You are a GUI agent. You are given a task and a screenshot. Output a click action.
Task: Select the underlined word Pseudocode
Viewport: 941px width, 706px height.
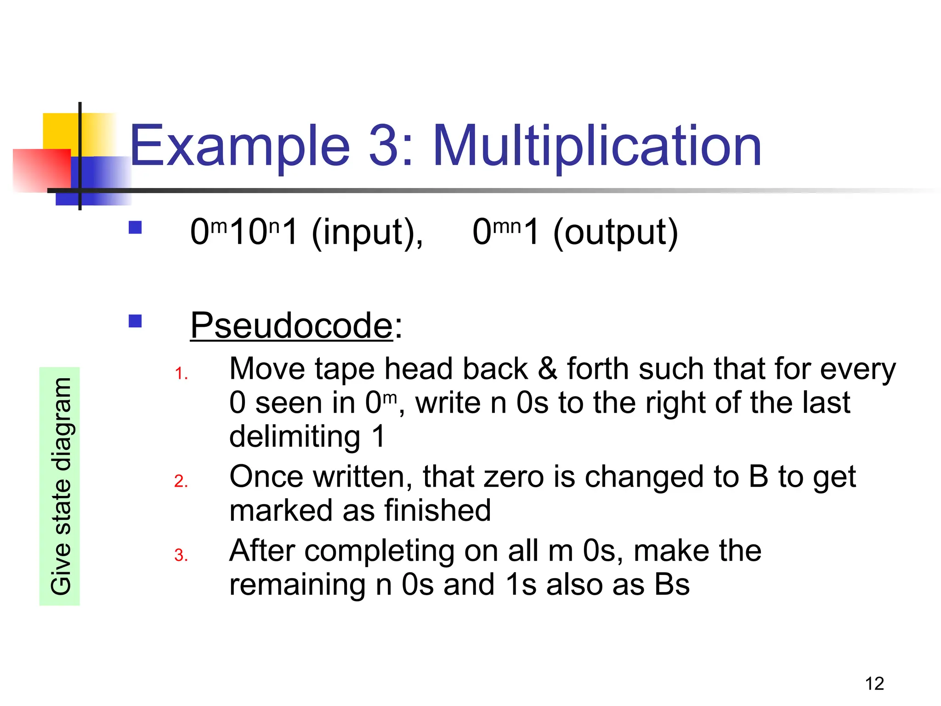(292, 325)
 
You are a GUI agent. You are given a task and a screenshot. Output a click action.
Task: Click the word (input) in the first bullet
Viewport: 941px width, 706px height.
(367, 233)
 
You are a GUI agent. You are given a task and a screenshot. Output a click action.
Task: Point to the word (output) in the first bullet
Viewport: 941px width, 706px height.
(616, 233)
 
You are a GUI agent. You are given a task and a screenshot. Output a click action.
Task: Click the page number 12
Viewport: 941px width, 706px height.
(874, 684)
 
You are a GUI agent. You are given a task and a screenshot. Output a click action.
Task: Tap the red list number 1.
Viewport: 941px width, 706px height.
(181, 374)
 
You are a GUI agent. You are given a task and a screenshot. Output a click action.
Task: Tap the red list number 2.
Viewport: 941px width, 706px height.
(181, 481)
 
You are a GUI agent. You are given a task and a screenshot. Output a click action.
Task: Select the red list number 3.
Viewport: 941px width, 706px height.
(181, 556)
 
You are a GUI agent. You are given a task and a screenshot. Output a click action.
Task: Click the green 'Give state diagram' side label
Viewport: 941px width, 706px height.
(60, 486)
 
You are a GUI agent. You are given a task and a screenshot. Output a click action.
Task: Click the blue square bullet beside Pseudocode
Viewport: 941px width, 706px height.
(135, 320)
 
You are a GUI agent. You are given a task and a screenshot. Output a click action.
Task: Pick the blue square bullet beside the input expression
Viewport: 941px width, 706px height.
(135, 228)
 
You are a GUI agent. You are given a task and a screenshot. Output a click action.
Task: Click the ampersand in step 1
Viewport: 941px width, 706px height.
(547, 369)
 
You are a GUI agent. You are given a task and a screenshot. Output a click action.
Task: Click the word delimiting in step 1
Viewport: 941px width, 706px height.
(295, 436)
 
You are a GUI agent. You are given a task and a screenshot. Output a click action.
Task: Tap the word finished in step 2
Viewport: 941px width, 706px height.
(438, 511)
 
